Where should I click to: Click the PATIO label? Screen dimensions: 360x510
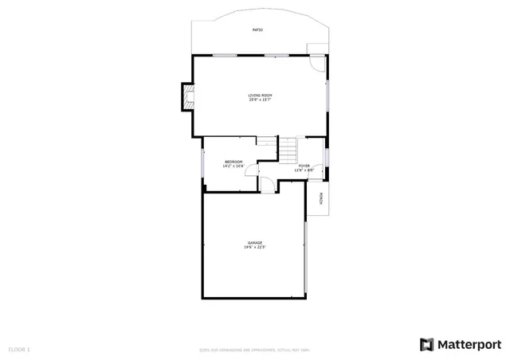coord(257,29)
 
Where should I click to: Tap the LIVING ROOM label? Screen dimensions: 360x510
coord(260,96)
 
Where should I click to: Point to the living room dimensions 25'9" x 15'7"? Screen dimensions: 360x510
coord(260,100)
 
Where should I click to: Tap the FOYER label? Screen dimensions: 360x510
coord(304,166)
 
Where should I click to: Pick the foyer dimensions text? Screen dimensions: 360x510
coord(304,170)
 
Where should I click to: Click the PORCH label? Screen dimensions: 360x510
coord(320,199)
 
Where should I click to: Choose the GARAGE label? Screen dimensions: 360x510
coord(254,243)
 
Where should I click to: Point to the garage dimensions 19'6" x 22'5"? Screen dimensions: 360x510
coord(254,248)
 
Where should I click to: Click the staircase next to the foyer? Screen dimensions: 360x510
coord(287,148)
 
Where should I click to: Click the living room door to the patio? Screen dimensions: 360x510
coord(317,64)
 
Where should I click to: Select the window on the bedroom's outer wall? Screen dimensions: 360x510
coord(203,163)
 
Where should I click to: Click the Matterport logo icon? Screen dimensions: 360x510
coord(426,344)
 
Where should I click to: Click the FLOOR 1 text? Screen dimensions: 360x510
coord(19,349)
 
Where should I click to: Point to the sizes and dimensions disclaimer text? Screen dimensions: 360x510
coord(254,350)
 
